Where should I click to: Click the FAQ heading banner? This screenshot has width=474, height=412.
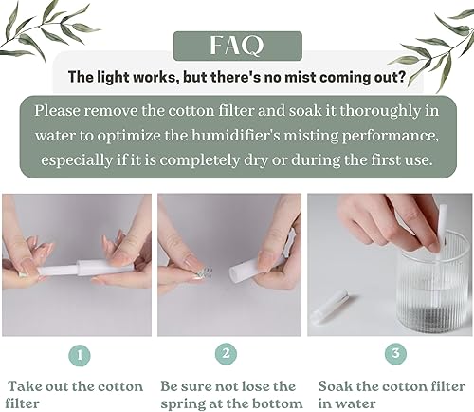click(x=237, y=46)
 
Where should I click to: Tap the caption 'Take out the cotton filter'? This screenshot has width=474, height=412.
click(x=76, y=394)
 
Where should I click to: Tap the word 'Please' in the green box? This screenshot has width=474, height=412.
click(x=60, y=110)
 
